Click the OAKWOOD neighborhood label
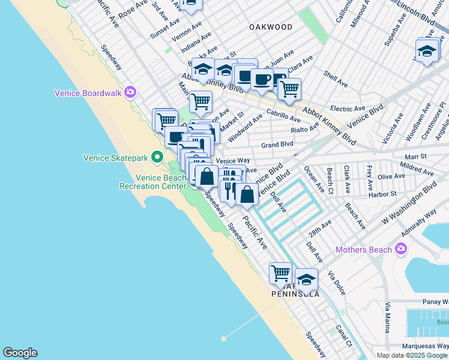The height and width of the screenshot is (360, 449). (x=271, y=27)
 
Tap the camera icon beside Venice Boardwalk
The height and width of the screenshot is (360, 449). (x=131, y=92)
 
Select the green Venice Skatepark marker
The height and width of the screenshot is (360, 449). (x=157, y=158)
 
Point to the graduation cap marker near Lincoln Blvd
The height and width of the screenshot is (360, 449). (x=427, y=50)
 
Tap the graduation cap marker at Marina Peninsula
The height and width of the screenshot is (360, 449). (x=306, y=278)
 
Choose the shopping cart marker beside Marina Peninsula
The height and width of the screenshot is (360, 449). (x=280, y=274)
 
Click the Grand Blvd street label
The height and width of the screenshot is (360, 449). (x=277, y=145)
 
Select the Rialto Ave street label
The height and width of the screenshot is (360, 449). (x=304, y=130)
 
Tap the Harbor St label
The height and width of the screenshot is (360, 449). (x=385, y=194)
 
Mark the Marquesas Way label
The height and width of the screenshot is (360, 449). (x=425, y=345)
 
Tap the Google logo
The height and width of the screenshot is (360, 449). (x=20, y=353)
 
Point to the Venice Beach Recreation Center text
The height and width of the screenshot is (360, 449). (x=161, y=182)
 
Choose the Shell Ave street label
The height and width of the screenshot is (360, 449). (x=336, y=77)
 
